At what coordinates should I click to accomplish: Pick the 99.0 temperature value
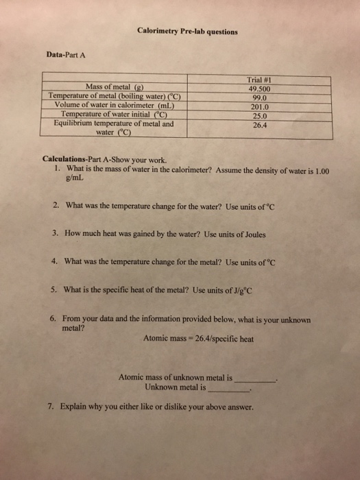[261, 97]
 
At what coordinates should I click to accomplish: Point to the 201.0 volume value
[261, 106]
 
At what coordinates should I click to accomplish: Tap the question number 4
[54, 261]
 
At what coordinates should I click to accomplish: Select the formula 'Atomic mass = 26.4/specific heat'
[199, 338]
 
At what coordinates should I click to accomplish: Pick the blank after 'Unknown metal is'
[230, 388]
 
